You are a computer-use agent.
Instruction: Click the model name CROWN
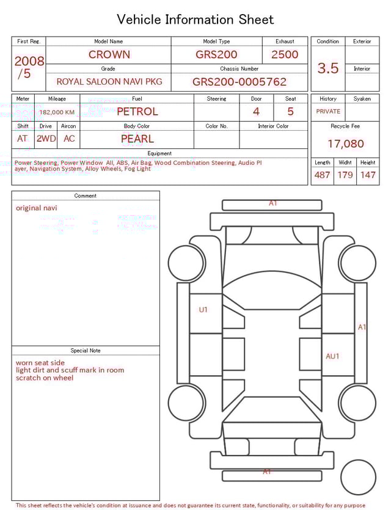pos(109,54)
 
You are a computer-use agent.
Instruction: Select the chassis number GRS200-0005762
pos(239,82)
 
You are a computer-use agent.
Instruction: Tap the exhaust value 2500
pos(285,54)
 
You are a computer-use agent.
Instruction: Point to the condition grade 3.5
pos(327,68)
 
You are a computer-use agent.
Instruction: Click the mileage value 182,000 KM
pos(57,112)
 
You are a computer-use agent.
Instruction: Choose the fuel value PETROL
pos(137,112)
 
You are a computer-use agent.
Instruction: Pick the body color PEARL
pos(137,139)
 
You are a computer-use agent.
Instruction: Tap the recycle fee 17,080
pos(345,144)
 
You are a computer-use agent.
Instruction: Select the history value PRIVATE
pos(328,112)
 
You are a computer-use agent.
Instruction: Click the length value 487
pos(322,175)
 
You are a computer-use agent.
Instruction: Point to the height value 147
pos(367,175)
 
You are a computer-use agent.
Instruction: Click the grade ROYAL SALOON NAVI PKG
pos(109,81)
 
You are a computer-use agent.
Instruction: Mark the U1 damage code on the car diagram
pos(203,310)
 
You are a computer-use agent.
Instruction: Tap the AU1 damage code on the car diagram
pos(332,356)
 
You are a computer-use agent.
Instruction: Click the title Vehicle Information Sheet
pos(195,20)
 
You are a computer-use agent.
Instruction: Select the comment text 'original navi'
pos(37,208)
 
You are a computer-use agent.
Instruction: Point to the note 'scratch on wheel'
pos(45,378)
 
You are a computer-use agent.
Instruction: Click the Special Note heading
pos(86,351)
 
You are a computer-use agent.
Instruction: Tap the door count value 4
pos(256,112)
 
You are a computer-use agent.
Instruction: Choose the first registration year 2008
pos(29,61)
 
